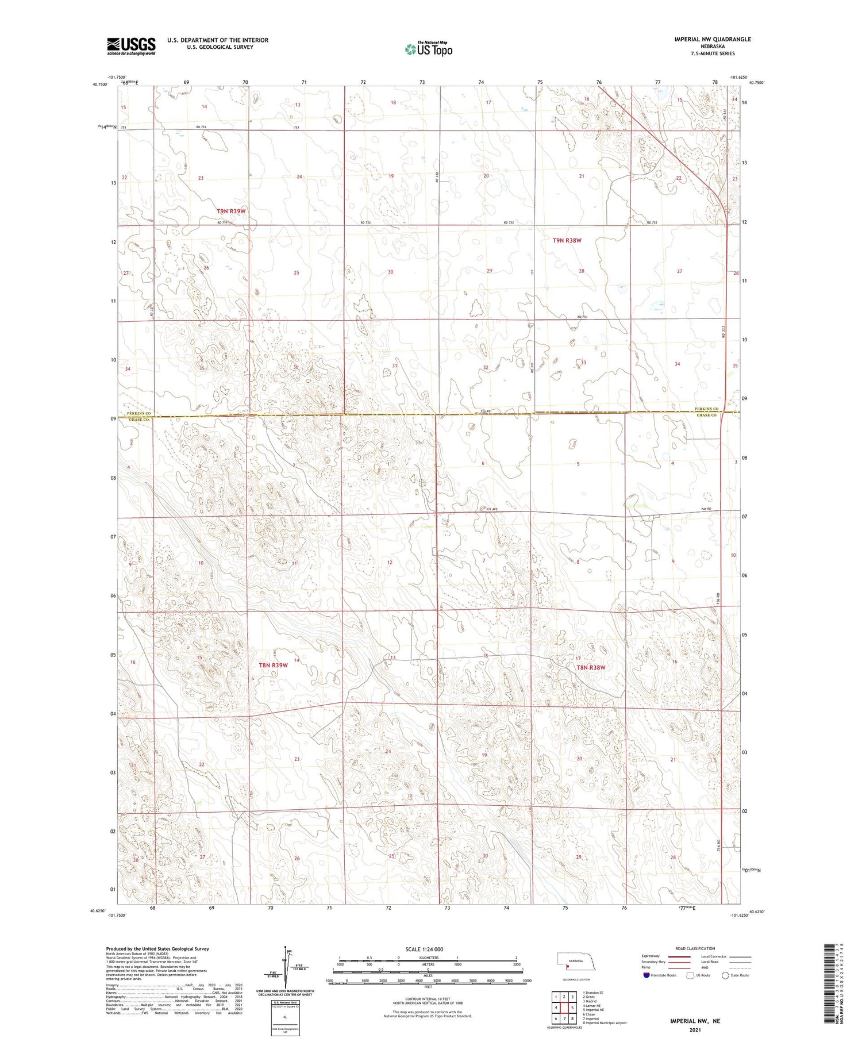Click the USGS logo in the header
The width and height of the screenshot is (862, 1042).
point(131,46)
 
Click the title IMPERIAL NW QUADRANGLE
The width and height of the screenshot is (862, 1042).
point(712,39)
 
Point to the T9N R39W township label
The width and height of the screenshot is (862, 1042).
point(231,211)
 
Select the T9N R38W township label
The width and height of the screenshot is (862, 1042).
point(567,240)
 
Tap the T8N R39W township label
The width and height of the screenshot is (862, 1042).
point(273,665)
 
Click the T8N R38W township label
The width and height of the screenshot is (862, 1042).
point(591,667)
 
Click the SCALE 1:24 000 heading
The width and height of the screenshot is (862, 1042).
point(424,949)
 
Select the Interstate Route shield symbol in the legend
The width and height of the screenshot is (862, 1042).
point(646,975)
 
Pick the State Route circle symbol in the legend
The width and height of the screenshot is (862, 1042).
point(725,975)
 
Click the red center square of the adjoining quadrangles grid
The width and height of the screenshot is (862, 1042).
point(564,1008)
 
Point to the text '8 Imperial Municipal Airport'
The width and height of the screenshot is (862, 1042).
point(605,1023)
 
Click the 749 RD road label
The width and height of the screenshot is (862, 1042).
point(705,509)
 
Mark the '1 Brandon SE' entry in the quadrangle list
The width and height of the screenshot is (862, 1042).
point(593,993)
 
